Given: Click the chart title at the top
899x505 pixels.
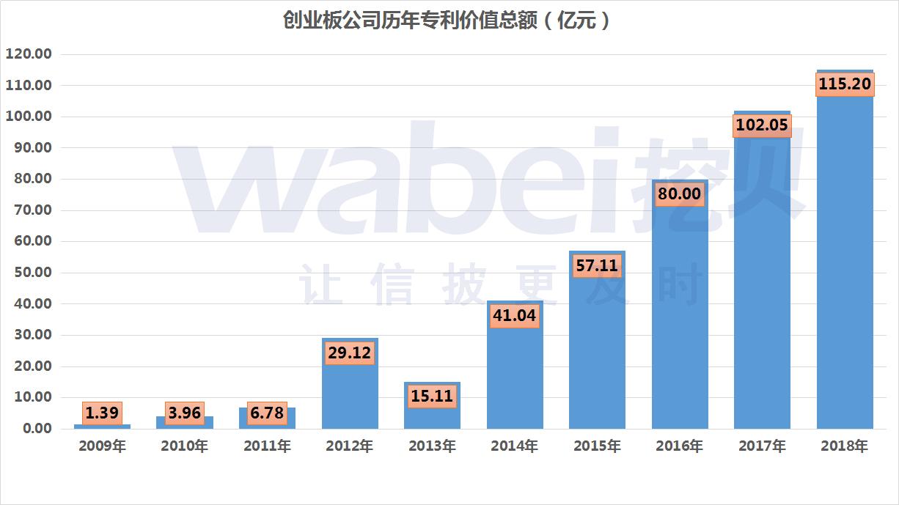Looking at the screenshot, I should (x=447, y=21).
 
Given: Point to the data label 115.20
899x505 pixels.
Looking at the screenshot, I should (x=845, y=84).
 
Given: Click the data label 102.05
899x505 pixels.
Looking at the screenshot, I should (x=762, y=125).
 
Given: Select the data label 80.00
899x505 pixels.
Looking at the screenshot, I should (x=680, y=194).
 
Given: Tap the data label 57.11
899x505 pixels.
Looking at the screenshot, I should (x=597, y=265).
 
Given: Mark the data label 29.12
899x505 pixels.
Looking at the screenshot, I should (x=350, y=353).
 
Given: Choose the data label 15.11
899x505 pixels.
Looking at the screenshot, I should (x=432, y=397).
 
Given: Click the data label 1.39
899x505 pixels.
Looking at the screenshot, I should (x=102, y=413).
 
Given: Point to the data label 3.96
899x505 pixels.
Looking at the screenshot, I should (x=184, y=413).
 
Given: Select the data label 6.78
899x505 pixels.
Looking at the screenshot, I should (x=267, y=413).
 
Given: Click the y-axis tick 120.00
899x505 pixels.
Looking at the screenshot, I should (x=29, y=54).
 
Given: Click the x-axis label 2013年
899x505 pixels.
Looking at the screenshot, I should (x=432, y=446).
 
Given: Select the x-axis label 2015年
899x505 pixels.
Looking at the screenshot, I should (x=597, y=446).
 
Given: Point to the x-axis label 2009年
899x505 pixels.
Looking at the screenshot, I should (x=102, y=446).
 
